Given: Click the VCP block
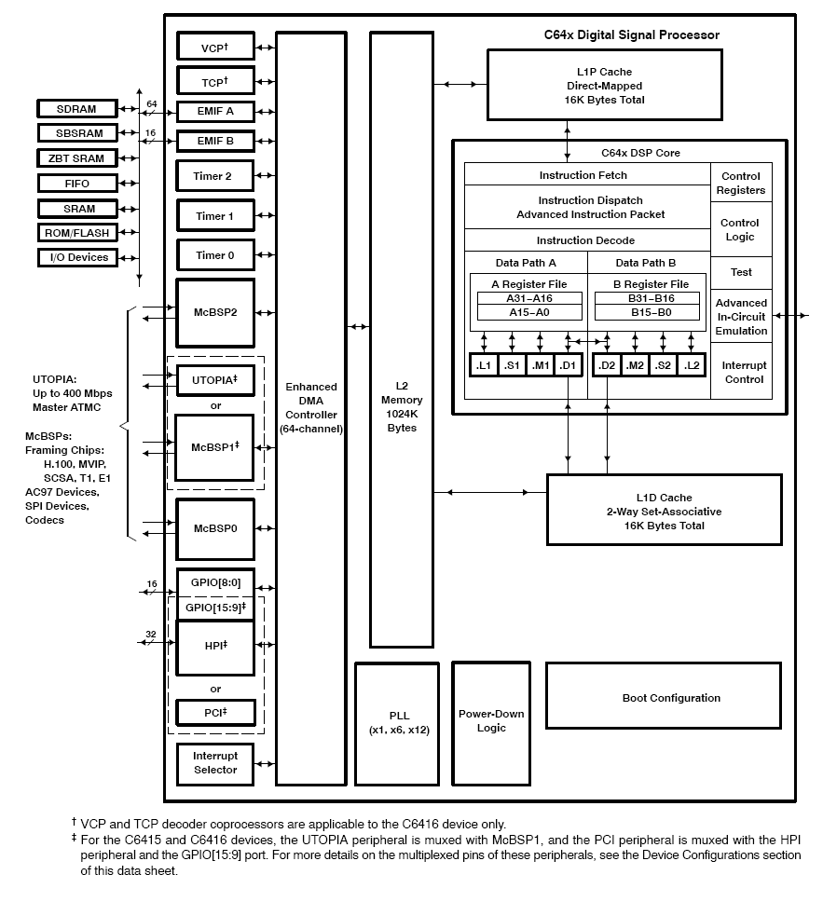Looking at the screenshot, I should pyautogui.click(x=214, y=47).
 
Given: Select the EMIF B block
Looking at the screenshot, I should pyautogui.click(x=214, y=143).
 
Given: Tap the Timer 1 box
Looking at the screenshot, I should pyautogui.click(x=214, y=216).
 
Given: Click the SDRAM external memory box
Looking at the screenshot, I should pyautogui.click(x=78, y=109).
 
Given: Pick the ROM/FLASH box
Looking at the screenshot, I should pyautogui.click(x=78, y=232).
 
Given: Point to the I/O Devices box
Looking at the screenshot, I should pyautogui.click(x=78, y=257).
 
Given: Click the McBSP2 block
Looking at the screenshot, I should pyautogui.click(x=214, y=312).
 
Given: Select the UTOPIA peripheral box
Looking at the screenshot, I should pyautogui.click(x=214, y=380).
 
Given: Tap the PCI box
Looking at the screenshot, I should pyautogui.click(x=214, y=713).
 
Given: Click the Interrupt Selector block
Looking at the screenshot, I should pyautogui.click(x=214, y=763).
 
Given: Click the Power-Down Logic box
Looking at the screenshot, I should pyautogui.click(x=491, y=720).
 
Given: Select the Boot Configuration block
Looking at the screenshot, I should pyautogui.click(x=671, y=698).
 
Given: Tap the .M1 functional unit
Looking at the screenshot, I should pyautogui.click(x=540, y=365).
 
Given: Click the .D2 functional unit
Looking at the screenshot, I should pyautogui.click(x=607, y=365).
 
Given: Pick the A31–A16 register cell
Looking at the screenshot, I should pyautogui.click(x=529, y=298).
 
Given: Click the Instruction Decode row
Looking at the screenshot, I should pyautogui.click(x=586, y=240).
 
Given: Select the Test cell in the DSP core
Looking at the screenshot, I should pyautogui.click(x=741, y=272).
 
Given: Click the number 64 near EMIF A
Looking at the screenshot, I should pyautogui.click(x=152, y=103).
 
